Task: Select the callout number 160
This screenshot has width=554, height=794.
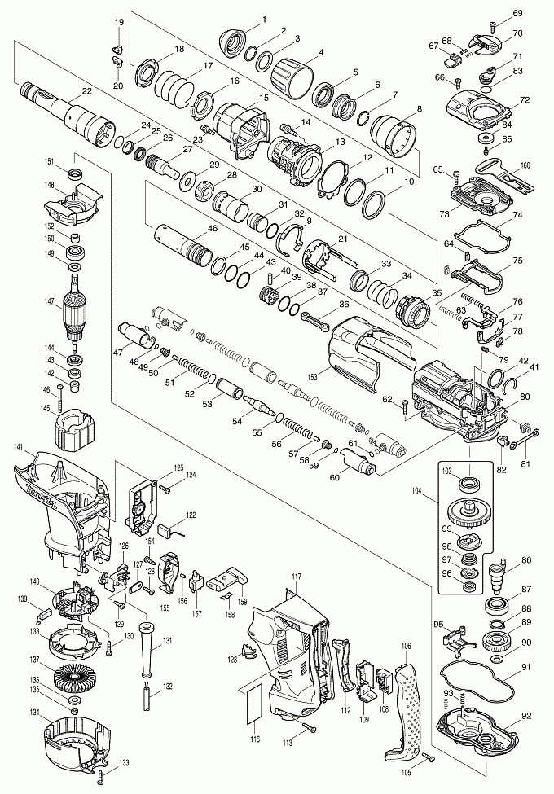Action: point(525,165)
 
